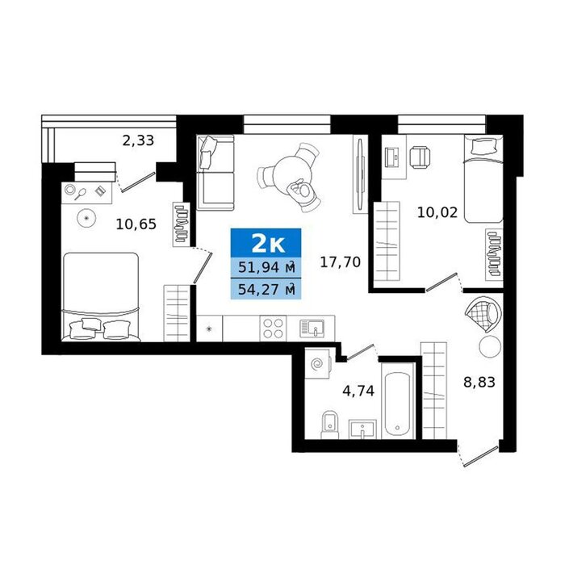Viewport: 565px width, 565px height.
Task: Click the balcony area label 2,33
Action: pyautogui.click(x=138, y=140)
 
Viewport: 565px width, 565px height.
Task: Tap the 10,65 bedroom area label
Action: pyautogui.click(x=136, y=224)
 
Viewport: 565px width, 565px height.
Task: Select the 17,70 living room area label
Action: pyautogui.click(x=340, y=262)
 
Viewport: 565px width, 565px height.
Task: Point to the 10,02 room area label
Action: pyautogui.click(x=437, y=212)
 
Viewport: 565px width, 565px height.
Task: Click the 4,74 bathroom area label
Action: pyautogui.click(x=358, y=391)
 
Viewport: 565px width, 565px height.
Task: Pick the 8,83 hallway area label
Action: pyautogui.click(x=479, y=382)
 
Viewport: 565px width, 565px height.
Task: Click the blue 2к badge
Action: pyautogui.click(x=266, y=243)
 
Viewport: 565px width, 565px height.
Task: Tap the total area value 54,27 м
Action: pyautogui.click(x=266, y=289)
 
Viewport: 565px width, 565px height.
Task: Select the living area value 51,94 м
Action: pyautogui.click(x=266, y=268)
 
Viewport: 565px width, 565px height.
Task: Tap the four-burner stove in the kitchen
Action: pyautogui.click(x=273, y=329)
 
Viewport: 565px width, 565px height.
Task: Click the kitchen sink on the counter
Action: pyautogui.click(x=312, y=329)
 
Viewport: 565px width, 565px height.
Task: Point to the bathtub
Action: pyautogui.click(x=397, y=404)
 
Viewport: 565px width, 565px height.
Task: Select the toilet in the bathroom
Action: pyautogui.click(x=329, y=425)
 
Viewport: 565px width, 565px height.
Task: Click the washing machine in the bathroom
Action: pyautogui.click(x=317, y=363)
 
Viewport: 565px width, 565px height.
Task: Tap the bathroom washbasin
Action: pyautogui.click(x=362, y=429)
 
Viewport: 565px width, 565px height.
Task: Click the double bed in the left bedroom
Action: pyautogui.click(x=101, y=296)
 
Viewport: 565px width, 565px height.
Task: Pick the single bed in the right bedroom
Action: pyautogui.click(x=483, y=178)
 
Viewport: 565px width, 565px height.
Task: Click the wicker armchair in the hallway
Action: pyautogui.click(x=483, y=314)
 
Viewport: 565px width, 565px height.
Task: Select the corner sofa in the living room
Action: pyautogui.click(x=216, y=173)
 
